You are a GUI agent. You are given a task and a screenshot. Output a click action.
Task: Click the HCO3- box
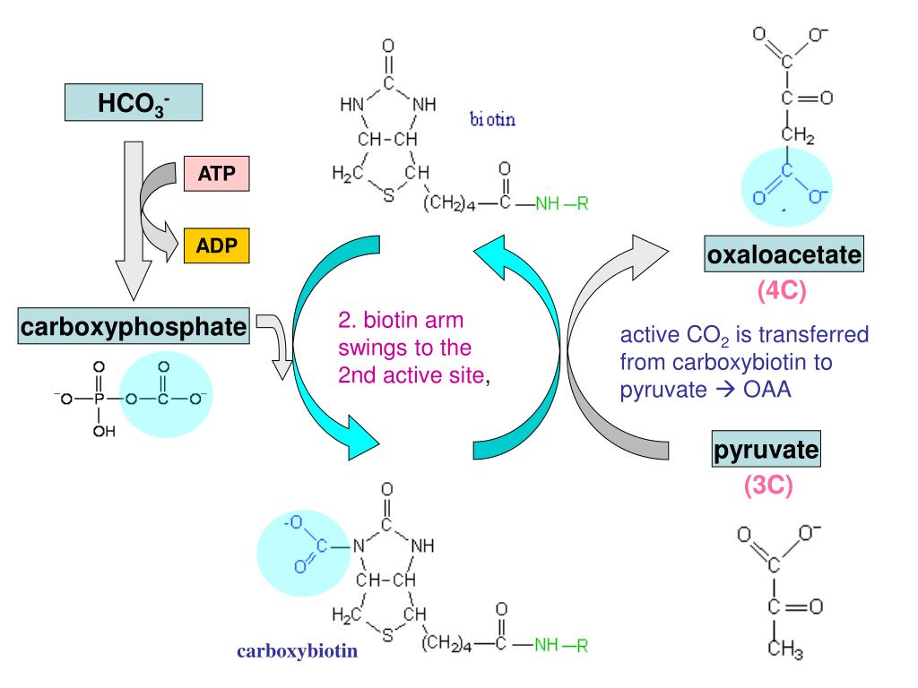click(133, 103)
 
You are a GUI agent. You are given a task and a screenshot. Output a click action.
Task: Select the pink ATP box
click(216, 173)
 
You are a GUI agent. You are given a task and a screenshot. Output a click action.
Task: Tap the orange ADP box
click(216, 245)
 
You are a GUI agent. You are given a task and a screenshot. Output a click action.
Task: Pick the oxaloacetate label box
click(784, 258)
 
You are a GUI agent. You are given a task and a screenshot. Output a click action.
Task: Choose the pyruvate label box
click(766, 449)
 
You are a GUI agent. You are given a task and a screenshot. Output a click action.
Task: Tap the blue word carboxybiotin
click(297, 652)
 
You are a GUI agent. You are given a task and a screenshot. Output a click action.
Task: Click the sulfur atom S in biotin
click(387, 196)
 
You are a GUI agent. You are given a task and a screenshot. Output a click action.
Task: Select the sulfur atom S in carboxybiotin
click(387, 638)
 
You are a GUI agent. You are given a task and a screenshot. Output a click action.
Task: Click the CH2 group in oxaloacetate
click(795, 136)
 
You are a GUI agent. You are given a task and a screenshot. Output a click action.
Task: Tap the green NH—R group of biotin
click(561, 205)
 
